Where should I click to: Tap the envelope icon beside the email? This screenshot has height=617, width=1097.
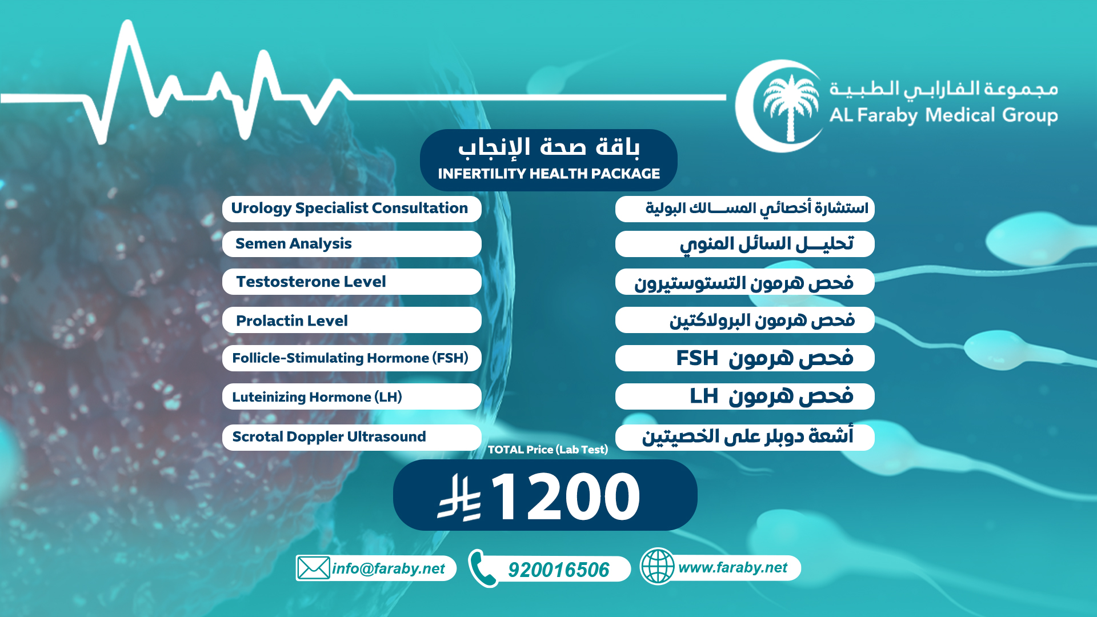313,568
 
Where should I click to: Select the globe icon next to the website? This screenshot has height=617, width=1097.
658,566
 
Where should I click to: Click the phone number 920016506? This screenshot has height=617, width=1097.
558,570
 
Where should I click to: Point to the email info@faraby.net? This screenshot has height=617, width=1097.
389,568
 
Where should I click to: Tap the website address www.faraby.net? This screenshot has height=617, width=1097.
732,567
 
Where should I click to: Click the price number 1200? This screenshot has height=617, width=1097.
565,496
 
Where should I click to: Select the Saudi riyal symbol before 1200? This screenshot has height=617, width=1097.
459,497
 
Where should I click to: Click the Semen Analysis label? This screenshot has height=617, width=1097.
294,244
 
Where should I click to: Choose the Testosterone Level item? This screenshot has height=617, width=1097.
311,282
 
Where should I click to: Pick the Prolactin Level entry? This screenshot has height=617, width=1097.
292,320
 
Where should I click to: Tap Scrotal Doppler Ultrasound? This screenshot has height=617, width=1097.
329,436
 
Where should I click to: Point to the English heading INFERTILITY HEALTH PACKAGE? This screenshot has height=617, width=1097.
549,174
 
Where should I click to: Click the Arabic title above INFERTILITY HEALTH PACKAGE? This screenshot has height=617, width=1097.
549,147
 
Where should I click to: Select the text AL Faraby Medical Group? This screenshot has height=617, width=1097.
943,115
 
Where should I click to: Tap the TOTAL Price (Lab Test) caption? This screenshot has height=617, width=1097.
548,450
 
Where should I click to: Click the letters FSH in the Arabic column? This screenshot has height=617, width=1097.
697,358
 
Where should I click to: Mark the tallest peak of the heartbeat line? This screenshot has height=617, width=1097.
128,23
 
